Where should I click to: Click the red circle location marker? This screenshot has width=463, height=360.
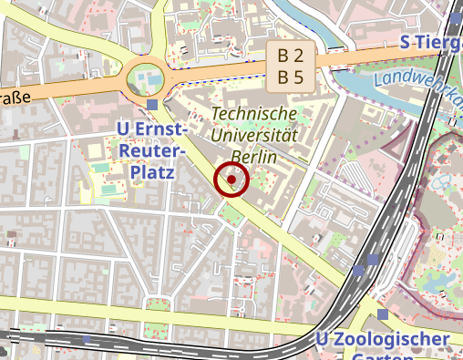tap(231, 180)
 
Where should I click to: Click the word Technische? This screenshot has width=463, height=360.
tap(254, 113)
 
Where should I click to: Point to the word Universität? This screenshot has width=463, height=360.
tap(254, 135)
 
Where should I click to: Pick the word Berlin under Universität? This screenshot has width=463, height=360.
tap(254, 156)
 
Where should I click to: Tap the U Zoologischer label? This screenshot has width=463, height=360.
tap(383, 340)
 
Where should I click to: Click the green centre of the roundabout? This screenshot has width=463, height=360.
tap(145, 78)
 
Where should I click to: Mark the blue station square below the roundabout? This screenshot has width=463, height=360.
tap(152, 105)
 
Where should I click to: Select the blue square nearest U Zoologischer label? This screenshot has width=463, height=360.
tap(383, 315)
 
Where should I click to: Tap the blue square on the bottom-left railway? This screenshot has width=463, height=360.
tap(87, 338)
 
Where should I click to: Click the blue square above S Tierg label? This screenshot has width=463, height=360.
tap(456, 16)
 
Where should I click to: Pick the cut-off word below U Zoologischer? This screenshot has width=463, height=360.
tap(383, 356)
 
